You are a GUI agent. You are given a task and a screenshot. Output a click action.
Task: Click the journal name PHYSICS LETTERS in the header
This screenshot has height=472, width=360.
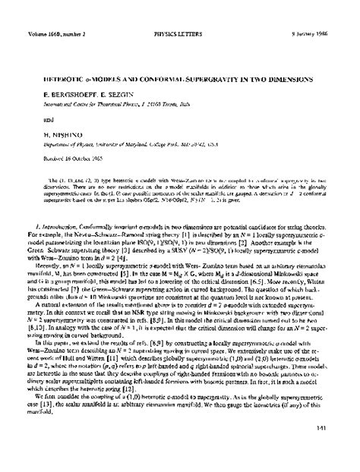(x=179, y=11)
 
